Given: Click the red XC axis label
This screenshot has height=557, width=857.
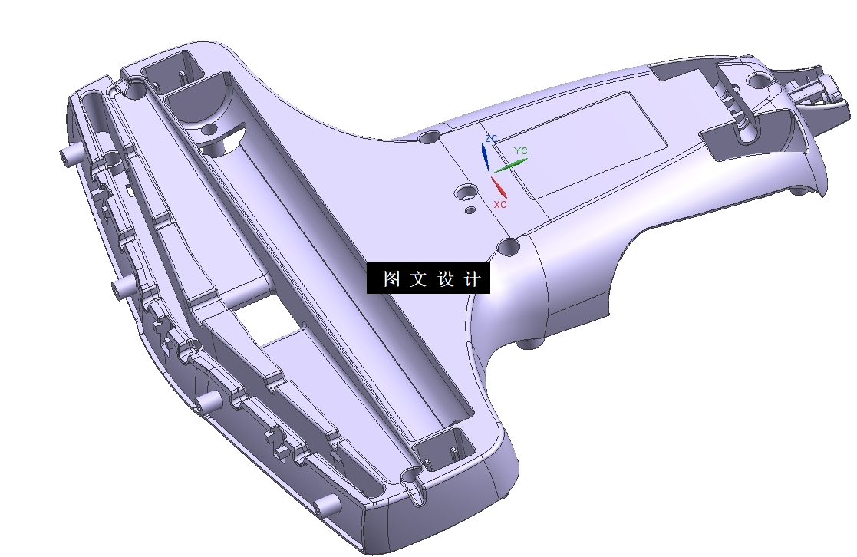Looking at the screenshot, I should point(500,205).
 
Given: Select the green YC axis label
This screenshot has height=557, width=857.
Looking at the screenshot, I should point(520,151).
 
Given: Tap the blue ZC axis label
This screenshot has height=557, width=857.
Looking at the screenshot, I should point(492,138).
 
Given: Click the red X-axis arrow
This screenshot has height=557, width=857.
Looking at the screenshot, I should point(499,186).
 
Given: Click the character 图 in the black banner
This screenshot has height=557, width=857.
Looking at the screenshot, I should point(391,279).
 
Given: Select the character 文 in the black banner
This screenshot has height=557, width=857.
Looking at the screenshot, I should point(418,279).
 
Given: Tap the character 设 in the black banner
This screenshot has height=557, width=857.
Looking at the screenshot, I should point(447,279).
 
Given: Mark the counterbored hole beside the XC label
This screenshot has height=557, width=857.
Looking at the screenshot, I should point(466,191).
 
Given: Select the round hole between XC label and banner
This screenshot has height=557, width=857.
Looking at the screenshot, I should point(509,246).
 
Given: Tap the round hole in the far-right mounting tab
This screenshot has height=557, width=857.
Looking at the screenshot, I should point(759,81).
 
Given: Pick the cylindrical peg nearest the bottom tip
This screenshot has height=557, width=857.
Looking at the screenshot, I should point(328,503).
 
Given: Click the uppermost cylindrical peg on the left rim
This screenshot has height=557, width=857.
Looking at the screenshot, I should point(70,156).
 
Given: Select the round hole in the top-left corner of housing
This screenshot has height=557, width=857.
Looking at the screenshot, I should point(134,91).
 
